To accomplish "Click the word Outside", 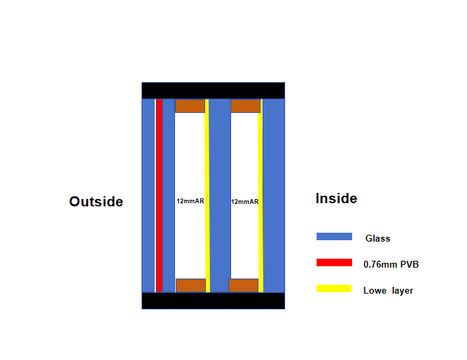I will click(x=96, y=201).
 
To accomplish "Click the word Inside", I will click(x=336, y=198).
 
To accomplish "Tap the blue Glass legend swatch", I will click(x=334, y=237).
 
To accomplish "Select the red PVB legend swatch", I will click(x=334, y=263).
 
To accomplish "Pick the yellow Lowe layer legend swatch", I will click(x=334, y=289).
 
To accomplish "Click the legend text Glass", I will click(x=377, y=238).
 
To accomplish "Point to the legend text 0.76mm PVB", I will click(x=390, y=264).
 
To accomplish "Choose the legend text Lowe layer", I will click(x=388, y=290).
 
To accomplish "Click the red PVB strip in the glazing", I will click(x=159, y=195).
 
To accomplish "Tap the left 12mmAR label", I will click(x=190, y=201).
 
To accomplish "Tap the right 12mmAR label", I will click(x=245, y=202).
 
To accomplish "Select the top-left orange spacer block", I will click(x=190, y=106).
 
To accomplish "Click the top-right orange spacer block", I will click(x=245, y=106).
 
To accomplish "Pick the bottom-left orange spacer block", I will click(x=190, y=285).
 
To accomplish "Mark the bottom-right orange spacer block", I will click(x=243, y=285).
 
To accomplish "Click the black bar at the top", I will click(x=213, y=90).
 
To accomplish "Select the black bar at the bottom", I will click(x=213, y=300).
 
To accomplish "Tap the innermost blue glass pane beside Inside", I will click(x=273, y=195).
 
